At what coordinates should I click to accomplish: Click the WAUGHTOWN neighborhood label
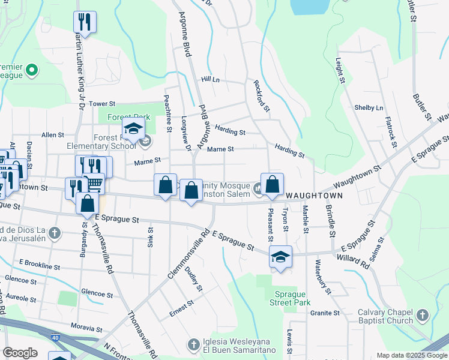coord(314,196)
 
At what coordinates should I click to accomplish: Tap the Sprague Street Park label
coord(292,298)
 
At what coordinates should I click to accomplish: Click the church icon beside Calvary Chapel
coord(423,314)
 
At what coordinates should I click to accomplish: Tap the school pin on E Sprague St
coord(280,257)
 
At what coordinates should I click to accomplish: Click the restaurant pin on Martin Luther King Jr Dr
coord(85,23)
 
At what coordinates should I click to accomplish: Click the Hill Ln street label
coord(211,79)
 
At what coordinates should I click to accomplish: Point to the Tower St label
coord(101,104)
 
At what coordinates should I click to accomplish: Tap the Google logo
coord(20,353)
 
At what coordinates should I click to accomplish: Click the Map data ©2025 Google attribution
coord(411,355)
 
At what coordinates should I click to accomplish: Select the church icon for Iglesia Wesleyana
coord(193,344)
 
